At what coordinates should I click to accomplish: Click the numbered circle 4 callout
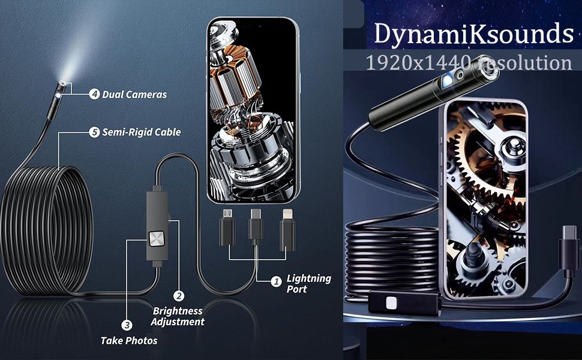click(x=94, y=94)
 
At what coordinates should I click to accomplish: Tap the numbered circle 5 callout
click(x=94, y=132)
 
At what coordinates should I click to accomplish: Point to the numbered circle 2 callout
click(x=178, y=296)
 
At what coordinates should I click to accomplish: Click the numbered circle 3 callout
click(x=127, y=326)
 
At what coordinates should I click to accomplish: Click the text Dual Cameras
click(x=134, y=94)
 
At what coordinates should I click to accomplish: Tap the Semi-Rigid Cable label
click(x=142, y=132)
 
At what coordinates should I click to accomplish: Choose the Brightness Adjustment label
click(x=178, y=316)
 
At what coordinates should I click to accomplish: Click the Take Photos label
click(x=129, y=340)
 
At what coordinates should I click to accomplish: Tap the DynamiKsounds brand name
click(x=474, y=34)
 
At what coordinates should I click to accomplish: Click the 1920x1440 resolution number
click(x=420, y=62)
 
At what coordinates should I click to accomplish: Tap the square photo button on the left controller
click(x=157, y=240)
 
